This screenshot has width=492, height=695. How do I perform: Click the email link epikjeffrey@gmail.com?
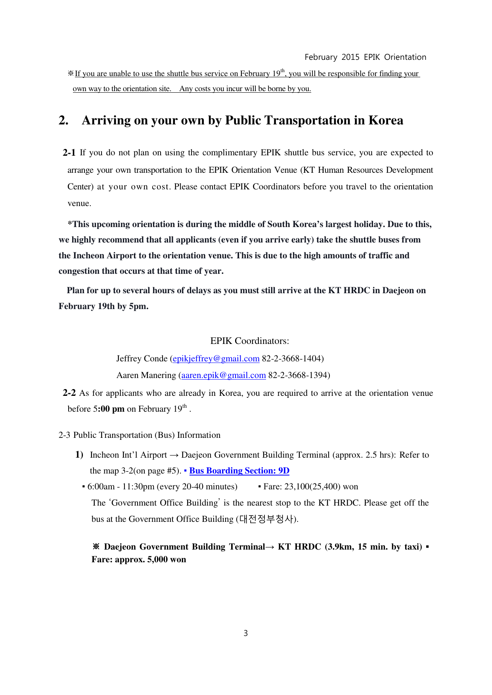pos(216,359)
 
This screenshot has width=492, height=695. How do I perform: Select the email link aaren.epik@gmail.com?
pos(224,375)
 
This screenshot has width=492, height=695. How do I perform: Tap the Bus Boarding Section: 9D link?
pos(239,471)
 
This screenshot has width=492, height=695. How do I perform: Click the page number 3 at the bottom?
pos(246,633)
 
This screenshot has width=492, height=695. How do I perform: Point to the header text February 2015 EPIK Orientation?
pos(365,57)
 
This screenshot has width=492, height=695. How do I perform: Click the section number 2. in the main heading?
pos(63,120)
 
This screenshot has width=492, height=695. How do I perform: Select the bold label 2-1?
pos(69,153)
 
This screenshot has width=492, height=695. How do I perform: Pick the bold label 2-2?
pos(69,393)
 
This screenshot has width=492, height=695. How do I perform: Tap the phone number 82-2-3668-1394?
pos(298,375)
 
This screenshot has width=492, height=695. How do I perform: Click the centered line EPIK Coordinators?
pos(249,341)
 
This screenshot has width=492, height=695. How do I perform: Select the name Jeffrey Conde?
pos(142,359)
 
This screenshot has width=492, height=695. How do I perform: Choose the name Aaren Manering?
pos(146,375)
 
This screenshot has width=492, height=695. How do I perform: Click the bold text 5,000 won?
pos(167,559)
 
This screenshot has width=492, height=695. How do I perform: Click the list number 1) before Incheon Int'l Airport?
pos(79,454)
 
